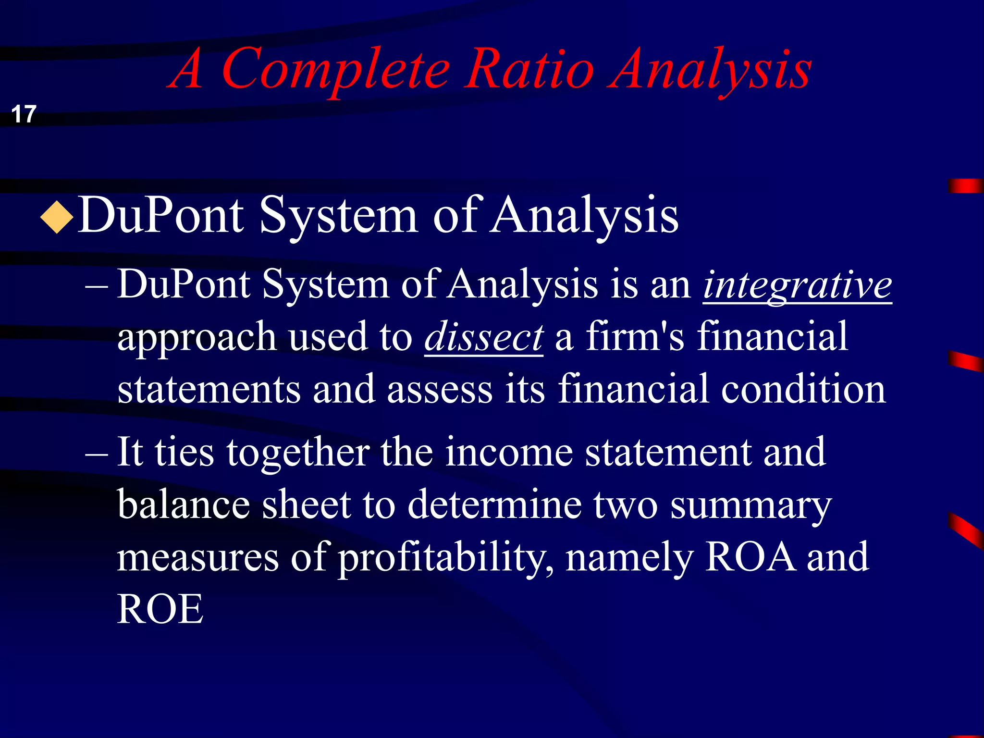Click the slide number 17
pyautogui.click(x=24, y=114)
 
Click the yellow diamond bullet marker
pyautogui.click(x=57, y=218)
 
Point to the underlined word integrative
pyautogui.click(x=798, y=285)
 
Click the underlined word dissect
pyautogui.click(x=484, y=337)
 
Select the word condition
pyautogui.click(x=803, y=389)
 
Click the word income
pyautogui.click(x=509, y=453)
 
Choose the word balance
pyautogui.click(x=184, y=504)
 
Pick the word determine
pyautogui.click(x=495, y=504)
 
